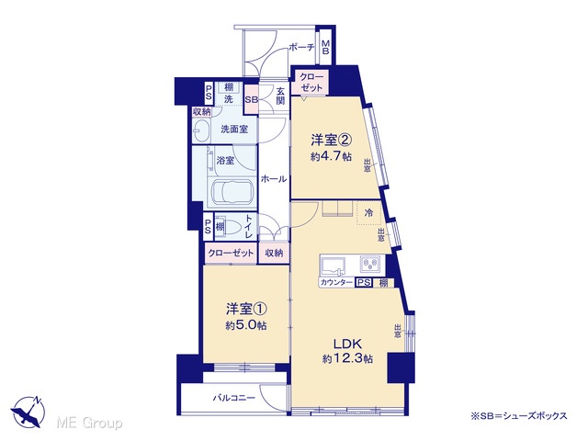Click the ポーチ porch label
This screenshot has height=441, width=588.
301,47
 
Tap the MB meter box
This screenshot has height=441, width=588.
325,47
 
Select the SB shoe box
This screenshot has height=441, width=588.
251,100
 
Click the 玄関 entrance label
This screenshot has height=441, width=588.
280,96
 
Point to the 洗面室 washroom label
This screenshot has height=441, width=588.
234,130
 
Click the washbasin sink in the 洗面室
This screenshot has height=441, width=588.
202,130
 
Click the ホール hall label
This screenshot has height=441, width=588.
274,179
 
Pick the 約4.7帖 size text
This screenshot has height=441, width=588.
331,156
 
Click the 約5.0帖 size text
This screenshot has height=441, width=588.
246,325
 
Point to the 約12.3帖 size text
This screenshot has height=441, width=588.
347,359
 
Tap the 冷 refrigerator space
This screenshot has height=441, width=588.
369,213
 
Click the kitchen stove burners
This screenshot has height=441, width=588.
371,264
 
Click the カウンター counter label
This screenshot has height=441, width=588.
336,283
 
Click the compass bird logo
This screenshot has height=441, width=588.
28,412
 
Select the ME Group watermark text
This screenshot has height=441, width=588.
89,423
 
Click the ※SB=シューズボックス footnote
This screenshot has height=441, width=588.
519,415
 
